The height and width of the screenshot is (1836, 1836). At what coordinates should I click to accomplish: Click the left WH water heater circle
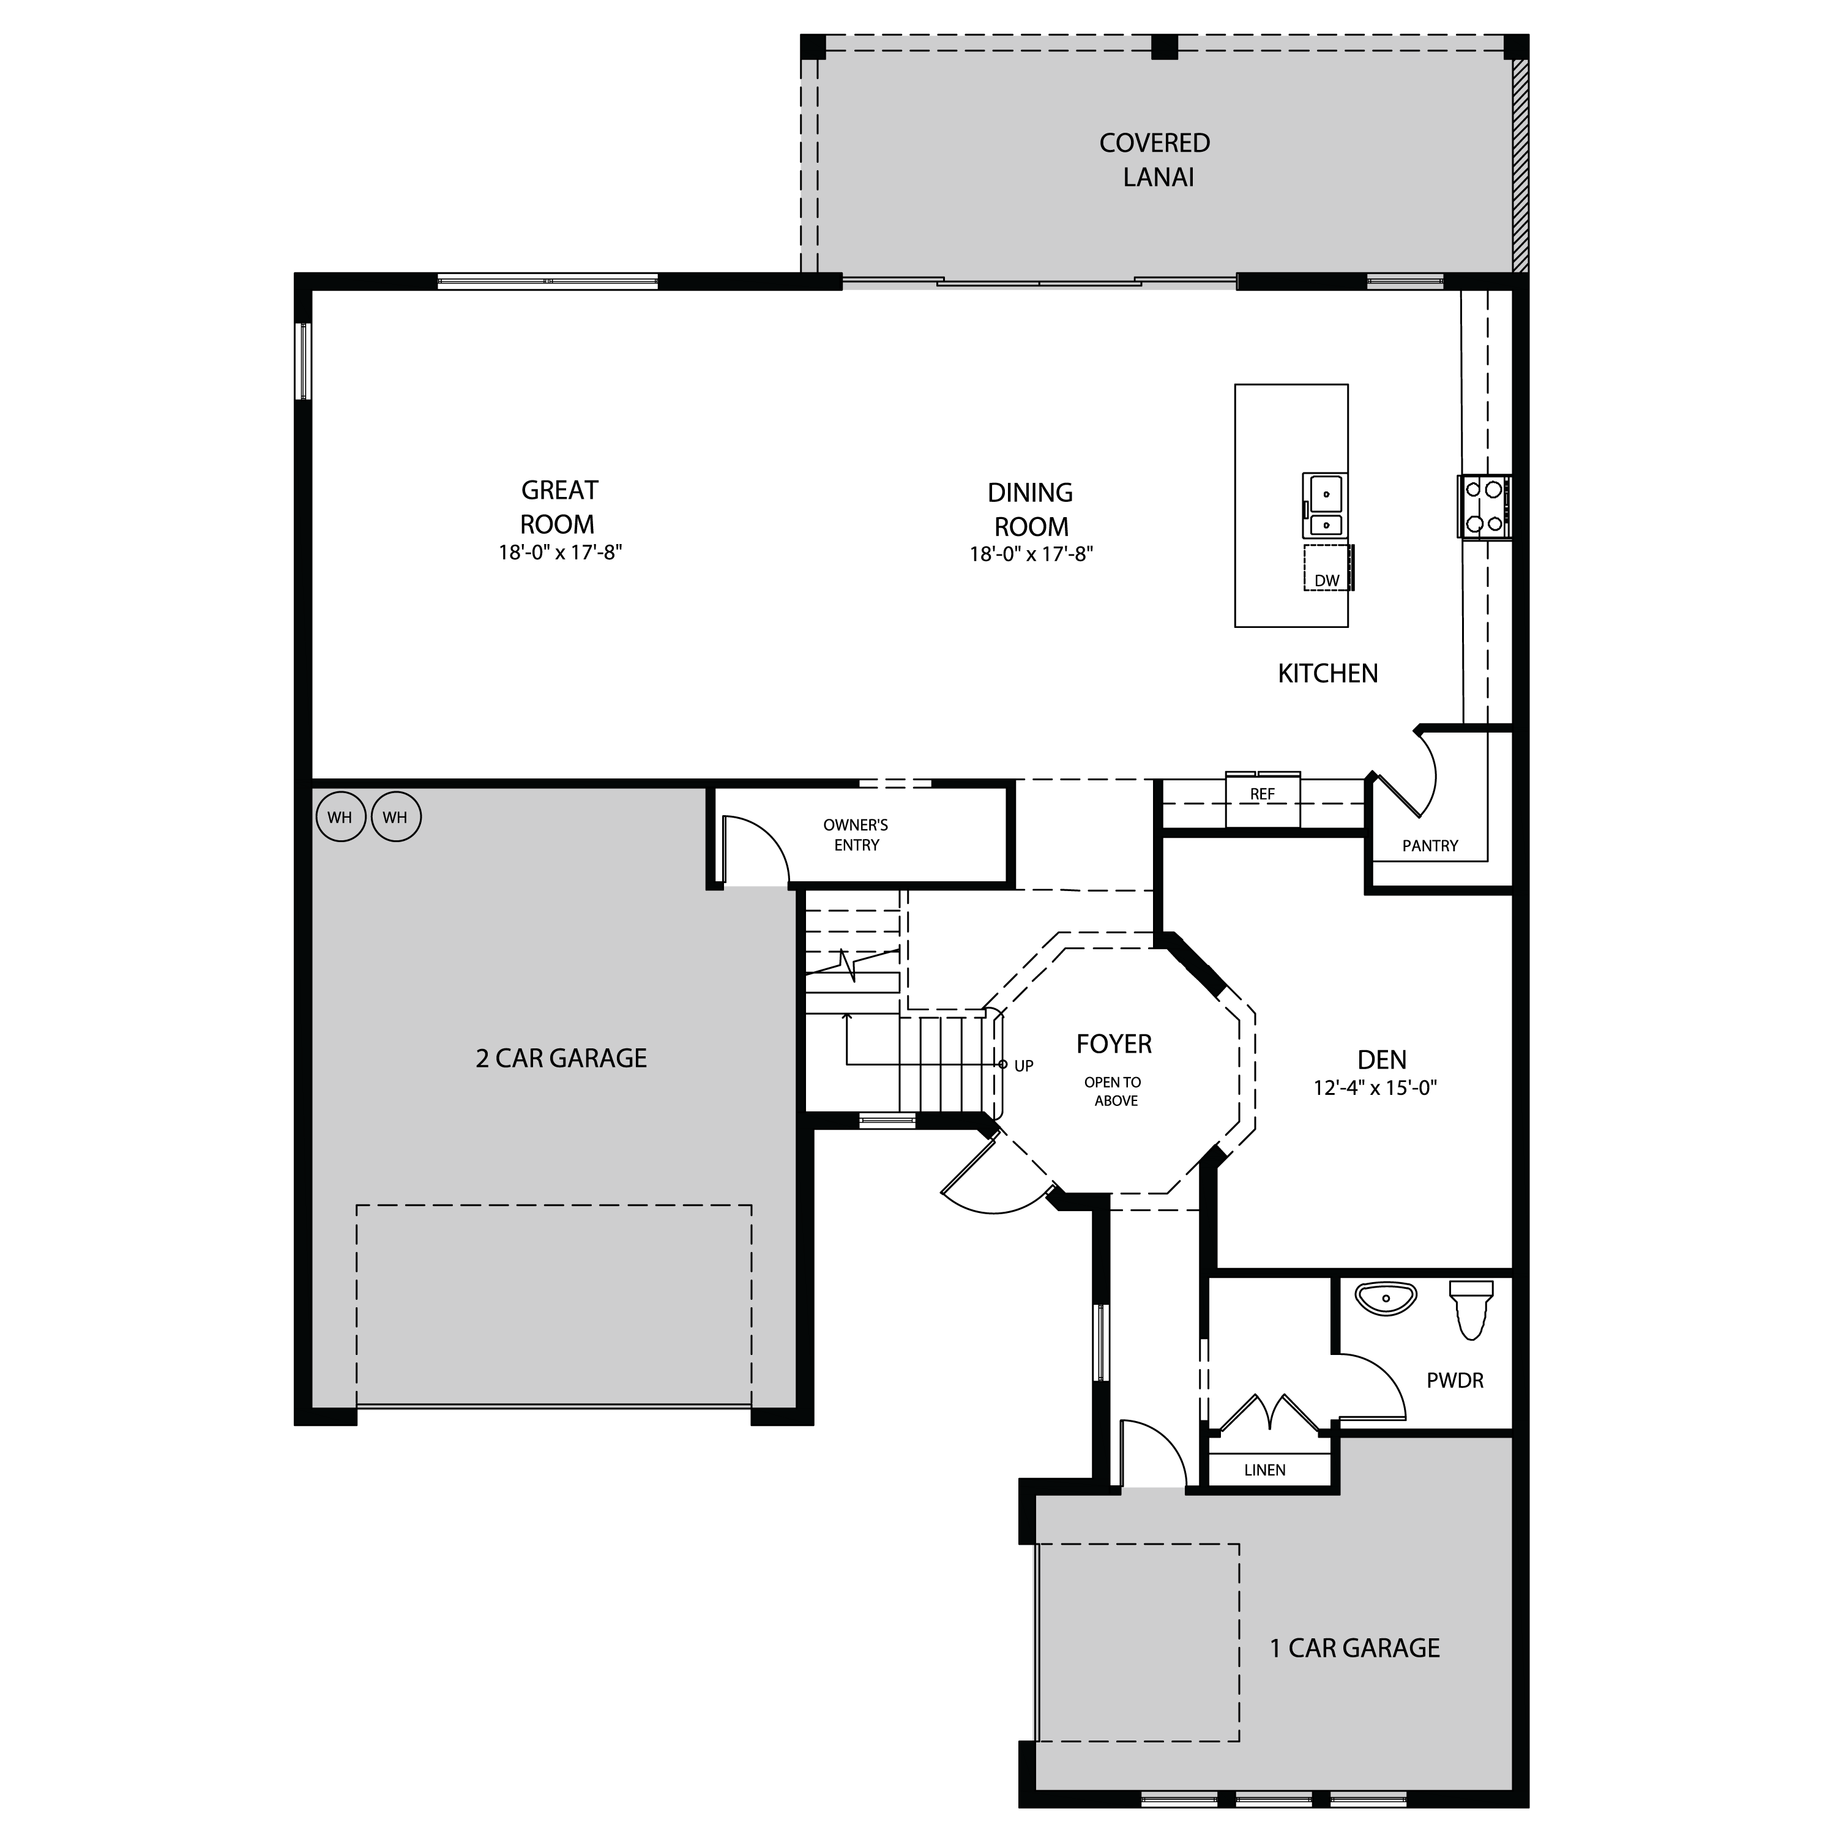pyautogui.click(x=340, y=817)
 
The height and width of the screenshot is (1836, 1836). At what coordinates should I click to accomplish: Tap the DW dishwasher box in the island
pyautogui.click(x=1327, y=569)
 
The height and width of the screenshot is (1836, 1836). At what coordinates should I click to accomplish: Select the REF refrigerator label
pyautogui.click(x=1262, y=794)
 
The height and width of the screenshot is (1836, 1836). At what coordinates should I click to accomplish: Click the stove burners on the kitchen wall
pyautogui.click(x=1483, y=507)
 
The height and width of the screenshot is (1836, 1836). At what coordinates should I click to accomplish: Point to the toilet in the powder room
pyautogui.click(x=1471, y=1308)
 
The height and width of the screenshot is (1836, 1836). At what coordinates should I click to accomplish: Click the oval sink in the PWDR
pyautogui.click(x=1387, y=1298)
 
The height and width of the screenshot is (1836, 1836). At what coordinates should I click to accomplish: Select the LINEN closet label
pyautogui.click(x=1265, y=1470)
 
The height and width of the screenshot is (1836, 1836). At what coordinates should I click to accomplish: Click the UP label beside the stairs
pyautogui.click(x=1023, y=1066)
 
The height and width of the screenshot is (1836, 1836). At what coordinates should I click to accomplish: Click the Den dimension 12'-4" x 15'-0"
pyautogui.click(x=1375, y=1088)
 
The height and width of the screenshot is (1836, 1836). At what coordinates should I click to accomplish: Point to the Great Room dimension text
pyautogui.click(x=561, y=552)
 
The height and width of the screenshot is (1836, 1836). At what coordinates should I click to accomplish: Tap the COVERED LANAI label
pyautogui.click(x=1155, y=160)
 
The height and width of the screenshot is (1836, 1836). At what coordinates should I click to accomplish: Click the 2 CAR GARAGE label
pyautogui.click(x=562, y=1059)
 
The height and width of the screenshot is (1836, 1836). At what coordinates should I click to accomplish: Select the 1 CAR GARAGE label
pyautogui.click(x=1355, y=1648)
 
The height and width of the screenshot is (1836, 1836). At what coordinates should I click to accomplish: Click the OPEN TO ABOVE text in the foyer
pyautogui.click(x=1114, y=1092)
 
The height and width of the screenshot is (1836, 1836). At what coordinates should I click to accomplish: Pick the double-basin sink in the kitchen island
pyautogui.click(x=1324, y=506)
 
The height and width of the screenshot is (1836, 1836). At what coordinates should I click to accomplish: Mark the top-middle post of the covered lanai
pyautogui.click(x=1164, y=47)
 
